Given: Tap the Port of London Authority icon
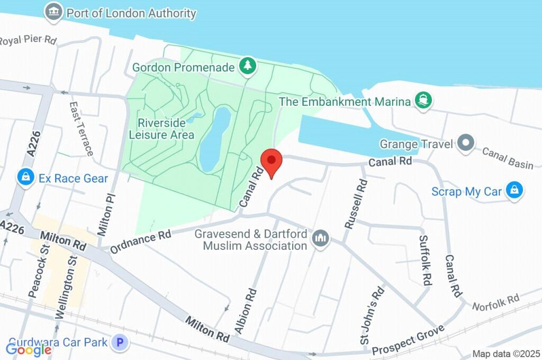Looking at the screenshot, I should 53,13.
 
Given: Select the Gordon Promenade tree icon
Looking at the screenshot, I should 248,67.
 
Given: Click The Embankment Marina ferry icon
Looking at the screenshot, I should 422,101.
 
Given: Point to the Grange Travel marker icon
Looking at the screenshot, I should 466,143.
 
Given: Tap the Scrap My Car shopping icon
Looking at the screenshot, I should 513,191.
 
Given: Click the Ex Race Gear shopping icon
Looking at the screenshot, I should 25,178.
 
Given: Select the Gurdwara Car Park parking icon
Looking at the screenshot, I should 120,343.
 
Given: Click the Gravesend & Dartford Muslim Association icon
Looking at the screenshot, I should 320,239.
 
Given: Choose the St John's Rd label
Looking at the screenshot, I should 372,316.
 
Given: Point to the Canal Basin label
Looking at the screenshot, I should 508,158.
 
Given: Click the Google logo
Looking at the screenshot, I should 29,349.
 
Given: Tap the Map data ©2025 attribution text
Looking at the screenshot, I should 505,354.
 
